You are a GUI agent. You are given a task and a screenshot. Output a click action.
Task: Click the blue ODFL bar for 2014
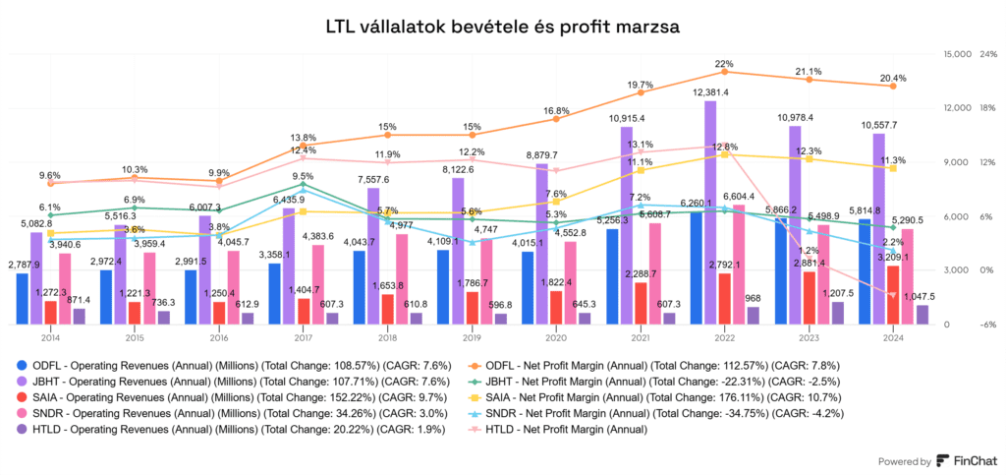click(23, 298)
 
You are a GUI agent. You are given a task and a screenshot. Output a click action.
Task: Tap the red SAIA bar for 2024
click(892, 294)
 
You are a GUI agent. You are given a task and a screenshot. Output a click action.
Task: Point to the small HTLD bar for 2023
click(837, 313)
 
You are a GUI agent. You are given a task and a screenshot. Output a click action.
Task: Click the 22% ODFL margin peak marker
click(724, 72)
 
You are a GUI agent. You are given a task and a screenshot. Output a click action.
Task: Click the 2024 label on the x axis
click(892, 336)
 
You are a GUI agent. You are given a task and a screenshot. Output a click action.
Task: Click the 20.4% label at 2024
click(893, 77)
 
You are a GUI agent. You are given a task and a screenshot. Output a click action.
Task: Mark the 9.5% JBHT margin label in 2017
click(303, 176)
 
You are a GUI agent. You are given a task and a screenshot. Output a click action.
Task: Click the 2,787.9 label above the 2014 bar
click(23, 265)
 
